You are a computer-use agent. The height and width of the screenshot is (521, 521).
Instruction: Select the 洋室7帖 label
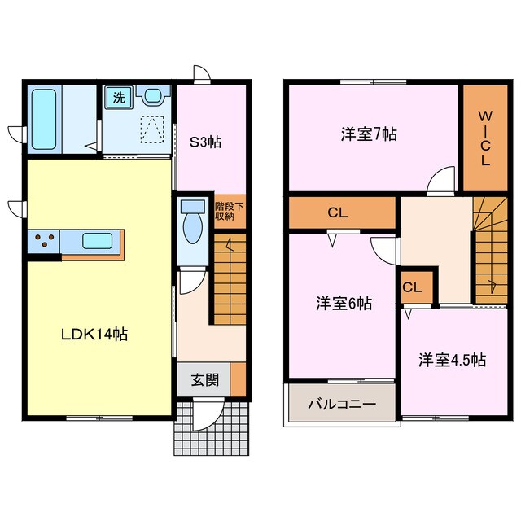click(x=368, y=134)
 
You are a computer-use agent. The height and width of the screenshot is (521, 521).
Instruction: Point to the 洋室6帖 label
click(x=344, y=304)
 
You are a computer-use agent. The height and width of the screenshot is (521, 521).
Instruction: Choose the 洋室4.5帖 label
click(x=453, y=359)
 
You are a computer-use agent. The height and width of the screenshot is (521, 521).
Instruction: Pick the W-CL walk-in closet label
click(x=484, y=138)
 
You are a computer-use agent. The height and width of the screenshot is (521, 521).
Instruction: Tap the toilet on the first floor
click(x=193, y=223)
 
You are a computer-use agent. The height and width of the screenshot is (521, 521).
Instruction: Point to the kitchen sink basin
click(x=97, y=242)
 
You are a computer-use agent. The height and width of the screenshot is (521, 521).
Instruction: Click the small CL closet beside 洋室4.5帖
click(x=412, y=287)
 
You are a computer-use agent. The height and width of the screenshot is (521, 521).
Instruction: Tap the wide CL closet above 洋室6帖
click(x=338, y=213)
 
